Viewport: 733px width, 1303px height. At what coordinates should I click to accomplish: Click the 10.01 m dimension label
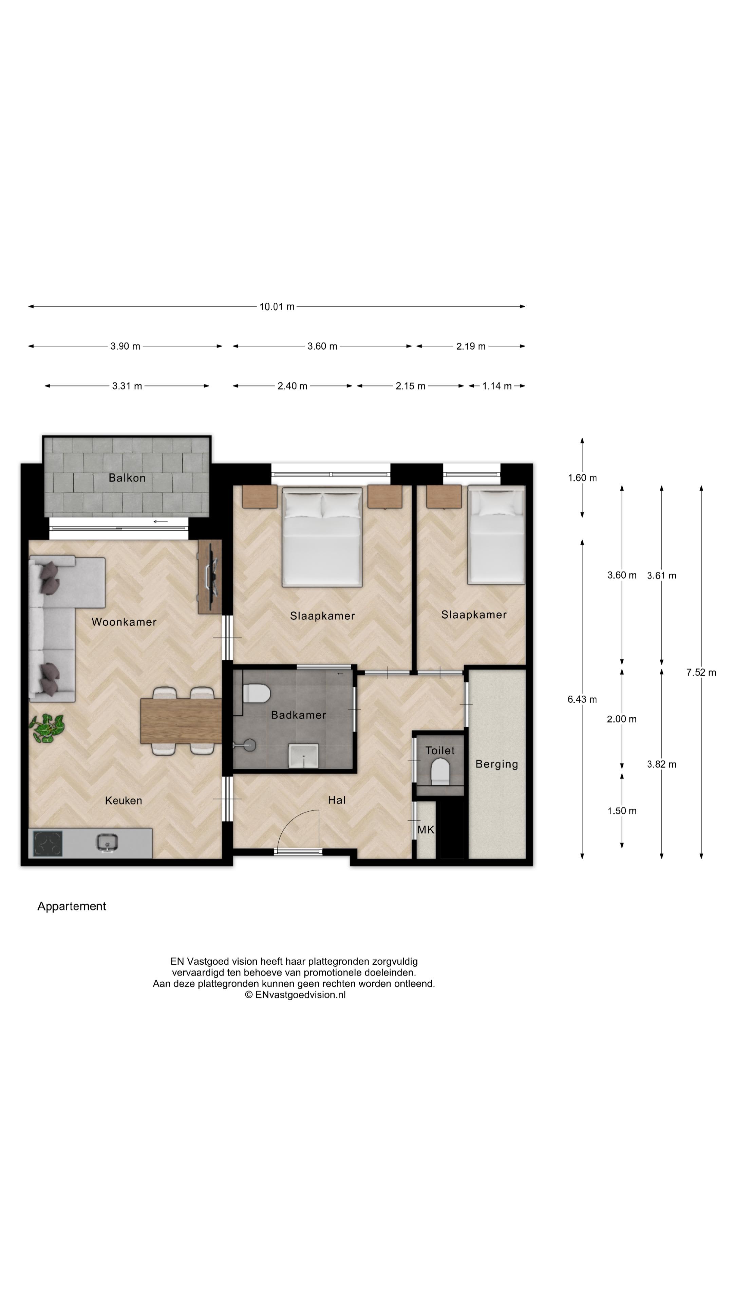point(277,306)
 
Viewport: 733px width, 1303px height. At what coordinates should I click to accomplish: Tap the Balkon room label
point(127,478)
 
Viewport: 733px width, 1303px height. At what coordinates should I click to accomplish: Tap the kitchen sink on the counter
point(107,842)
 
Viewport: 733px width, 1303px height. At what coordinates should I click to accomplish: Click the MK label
point(426,830)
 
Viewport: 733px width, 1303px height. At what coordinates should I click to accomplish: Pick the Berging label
point(496,764)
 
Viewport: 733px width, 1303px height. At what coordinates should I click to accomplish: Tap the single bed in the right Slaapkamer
point(496,535)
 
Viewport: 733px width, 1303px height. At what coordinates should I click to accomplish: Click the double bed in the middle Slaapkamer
point(322,537)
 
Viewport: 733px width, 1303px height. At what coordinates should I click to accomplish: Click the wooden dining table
point(181,721)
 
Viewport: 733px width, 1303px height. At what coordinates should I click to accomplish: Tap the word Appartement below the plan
point(72,906)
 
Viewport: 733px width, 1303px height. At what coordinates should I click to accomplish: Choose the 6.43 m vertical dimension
point(582,700)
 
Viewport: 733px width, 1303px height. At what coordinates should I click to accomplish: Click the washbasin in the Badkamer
point(303,755)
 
